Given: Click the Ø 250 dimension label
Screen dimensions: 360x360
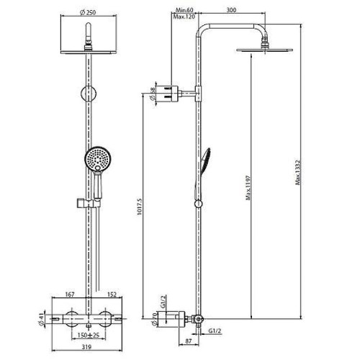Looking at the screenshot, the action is [88, 12].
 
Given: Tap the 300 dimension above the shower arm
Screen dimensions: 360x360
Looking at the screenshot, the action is [231, 10].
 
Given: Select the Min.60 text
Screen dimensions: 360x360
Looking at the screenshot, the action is [184, 10].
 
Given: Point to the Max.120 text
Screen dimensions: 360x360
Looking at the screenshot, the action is [184, 17].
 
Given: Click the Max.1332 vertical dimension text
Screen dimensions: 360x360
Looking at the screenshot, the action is [297, 173].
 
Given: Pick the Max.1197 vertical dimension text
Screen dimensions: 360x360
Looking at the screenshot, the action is [248, 188].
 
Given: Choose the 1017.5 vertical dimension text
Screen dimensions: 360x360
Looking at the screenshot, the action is [140, 207].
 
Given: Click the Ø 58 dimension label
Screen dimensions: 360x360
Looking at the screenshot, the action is [152, 94].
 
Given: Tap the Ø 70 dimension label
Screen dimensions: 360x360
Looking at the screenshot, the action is [155, 319].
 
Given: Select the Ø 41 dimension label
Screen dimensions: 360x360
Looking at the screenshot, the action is [42, 320].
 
